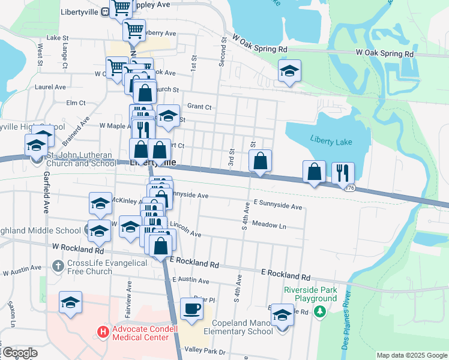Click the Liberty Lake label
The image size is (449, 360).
[331, 140]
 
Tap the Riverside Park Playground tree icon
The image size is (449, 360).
[320, 311]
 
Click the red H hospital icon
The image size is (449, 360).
[103, 331]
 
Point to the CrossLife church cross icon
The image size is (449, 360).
[58, 265]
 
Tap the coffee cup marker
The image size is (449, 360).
[191, 308]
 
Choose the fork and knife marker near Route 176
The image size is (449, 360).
[343, 172]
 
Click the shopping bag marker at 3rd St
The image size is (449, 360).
[261, 161]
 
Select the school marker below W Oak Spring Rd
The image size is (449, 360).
[289, 71]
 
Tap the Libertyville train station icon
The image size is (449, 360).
[104, 11]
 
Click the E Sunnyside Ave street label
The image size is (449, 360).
[277, 206]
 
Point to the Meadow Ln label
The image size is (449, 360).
[270, 226]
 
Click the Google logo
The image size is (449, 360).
[20, 353]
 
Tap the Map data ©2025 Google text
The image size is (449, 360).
[411, 355]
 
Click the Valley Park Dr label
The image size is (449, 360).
[205, 352]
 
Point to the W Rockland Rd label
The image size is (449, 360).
[78, 248]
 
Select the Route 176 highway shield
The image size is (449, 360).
[350, 188]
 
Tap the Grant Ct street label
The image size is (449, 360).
[199, 107]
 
